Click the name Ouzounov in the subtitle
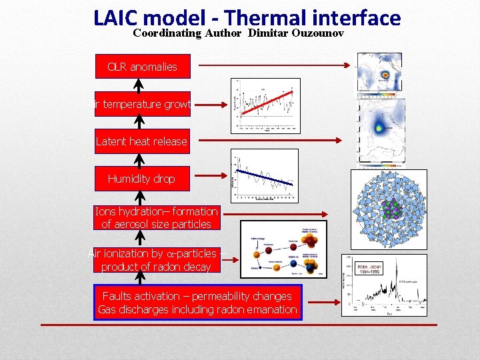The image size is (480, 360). tap(318, 33)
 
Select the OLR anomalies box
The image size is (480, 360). tap(142, 67)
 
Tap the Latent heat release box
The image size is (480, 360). tap(141, 141)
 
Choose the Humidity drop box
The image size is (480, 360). tap(141, 179)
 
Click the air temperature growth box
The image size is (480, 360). tap(142, 104)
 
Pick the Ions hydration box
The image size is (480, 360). tap(156, 218)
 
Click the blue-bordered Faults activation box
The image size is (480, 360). tap(197, 303)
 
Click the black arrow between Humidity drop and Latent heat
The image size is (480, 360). tap(139, 160)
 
